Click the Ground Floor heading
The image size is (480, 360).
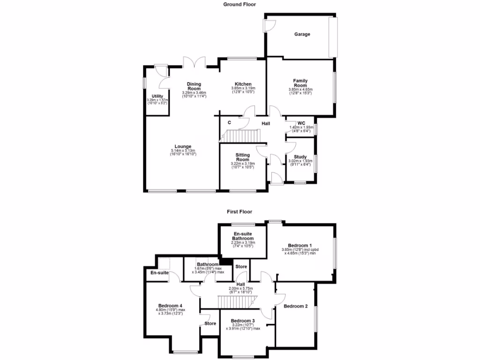(x=240, y=4)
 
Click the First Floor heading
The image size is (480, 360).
(x=240, y=211)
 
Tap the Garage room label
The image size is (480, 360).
(x=302, y=34)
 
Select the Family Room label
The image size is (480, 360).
(x=300, y=83)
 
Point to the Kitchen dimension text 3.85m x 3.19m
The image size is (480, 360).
(x=243, y=89)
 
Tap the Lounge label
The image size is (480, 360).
(x=183, y=146)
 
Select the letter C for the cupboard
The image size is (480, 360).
(x=229, y=123)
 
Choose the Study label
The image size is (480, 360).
(x=300, y=157)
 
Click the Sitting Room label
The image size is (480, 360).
(x=242, y=157)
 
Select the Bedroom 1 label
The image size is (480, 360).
(x=300, y=246)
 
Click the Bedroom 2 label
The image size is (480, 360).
(x=296, y=307)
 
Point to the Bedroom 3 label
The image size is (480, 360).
(x=243, y=322)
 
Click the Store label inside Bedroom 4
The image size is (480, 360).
(x=210, y=323)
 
